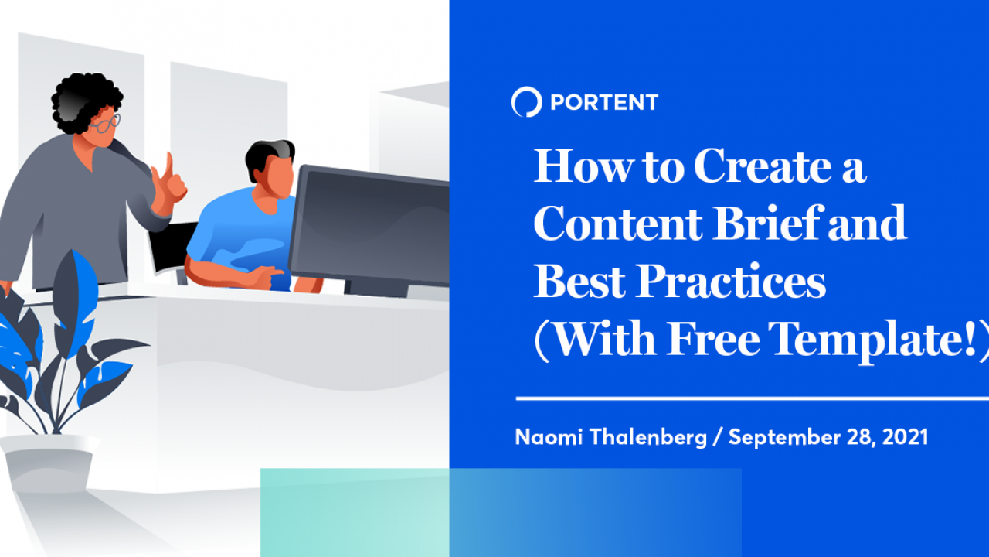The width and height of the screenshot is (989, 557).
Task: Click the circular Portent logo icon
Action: pos(526,101)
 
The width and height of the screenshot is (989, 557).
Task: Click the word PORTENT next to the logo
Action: pos(604,102)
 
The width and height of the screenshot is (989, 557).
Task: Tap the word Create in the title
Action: pos(763,166)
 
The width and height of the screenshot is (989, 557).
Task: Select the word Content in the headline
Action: pos(618,224)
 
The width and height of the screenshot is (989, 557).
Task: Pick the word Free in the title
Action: pos(713,339)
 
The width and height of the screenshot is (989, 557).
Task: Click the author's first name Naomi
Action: pos(549,437)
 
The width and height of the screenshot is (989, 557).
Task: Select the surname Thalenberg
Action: pos(648,438)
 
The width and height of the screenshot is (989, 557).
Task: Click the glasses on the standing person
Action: pos(105,124)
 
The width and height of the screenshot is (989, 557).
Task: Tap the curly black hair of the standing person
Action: pos(85,101)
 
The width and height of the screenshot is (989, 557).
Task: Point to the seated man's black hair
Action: pos(269,157)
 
